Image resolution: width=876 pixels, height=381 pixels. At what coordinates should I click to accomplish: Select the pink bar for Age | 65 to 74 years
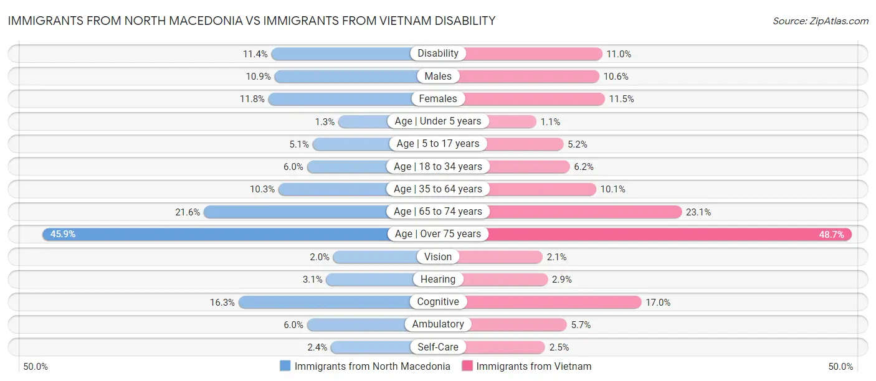(583, 212)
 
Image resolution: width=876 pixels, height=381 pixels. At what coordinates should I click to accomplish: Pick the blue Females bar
(340, 98)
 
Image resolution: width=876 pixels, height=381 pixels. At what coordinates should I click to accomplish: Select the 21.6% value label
(188, 212)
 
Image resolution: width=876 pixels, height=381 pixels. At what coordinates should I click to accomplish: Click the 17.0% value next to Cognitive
(658, 302)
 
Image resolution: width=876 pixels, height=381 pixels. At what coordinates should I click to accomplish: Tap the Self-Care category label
(438, 347)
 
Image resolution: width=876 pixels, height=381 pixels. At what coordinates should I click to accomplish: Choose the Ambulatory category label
(438, 324)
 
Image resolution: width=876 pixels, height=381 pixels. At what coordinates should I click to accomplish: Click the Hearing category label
(438, 279)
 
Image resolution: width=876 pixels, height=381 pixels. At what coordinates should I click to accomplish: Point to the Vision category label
(438, 256)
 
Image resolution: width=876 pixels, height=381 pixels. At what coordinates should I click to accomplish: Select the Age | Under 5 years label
(438, 121)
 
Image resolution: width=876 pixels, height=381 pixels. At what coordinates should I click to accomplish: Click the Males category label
(438, 76)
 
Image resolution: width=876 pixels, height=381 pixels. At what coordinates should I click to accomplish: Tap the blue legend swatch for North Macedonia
(285, 366)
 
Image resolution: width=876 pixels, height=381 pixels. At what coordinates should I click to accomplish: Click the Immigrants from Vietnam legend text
(534, 366)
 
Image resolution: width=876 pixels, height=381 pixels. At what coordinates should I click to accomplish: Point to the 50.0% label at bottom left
(36, 367)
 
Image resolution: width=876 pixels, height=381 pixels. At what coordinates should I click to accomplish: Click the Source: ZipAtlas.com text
(821, 21)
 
